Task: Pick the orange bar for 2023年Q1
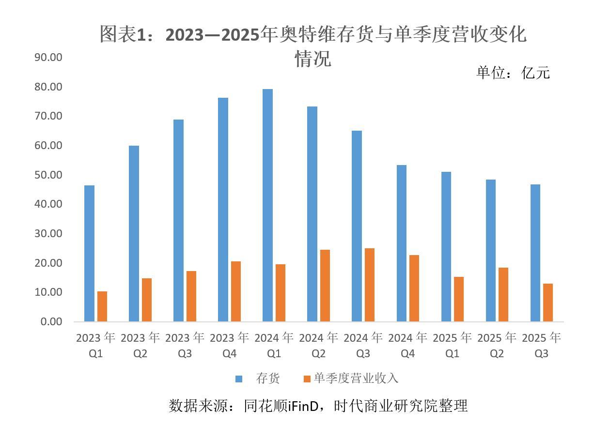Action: pyautogui.click(x=102, y=306)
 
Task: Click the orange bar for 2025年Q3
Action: pyautogui.click(x=548, y=303)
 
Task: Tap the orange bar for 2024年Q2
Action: pyautogui.click(x=325, y=286)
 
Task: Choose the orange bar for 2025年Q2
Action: pyautogui.click(x=503, y=294)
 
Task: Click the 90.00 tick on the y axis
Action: pyautogui.click(x=48, y=57)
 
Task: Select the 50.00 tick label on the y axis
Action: pyautogui.click(x=48, y=175)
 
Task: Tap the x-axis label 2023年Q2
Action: pyautogui.click(x=140, y=345)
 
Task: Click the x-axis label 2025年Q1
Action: pyautogui.click(x=452, y=345)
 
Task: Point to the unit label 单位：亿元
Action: pyautogui.click(x=513, y=73)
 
